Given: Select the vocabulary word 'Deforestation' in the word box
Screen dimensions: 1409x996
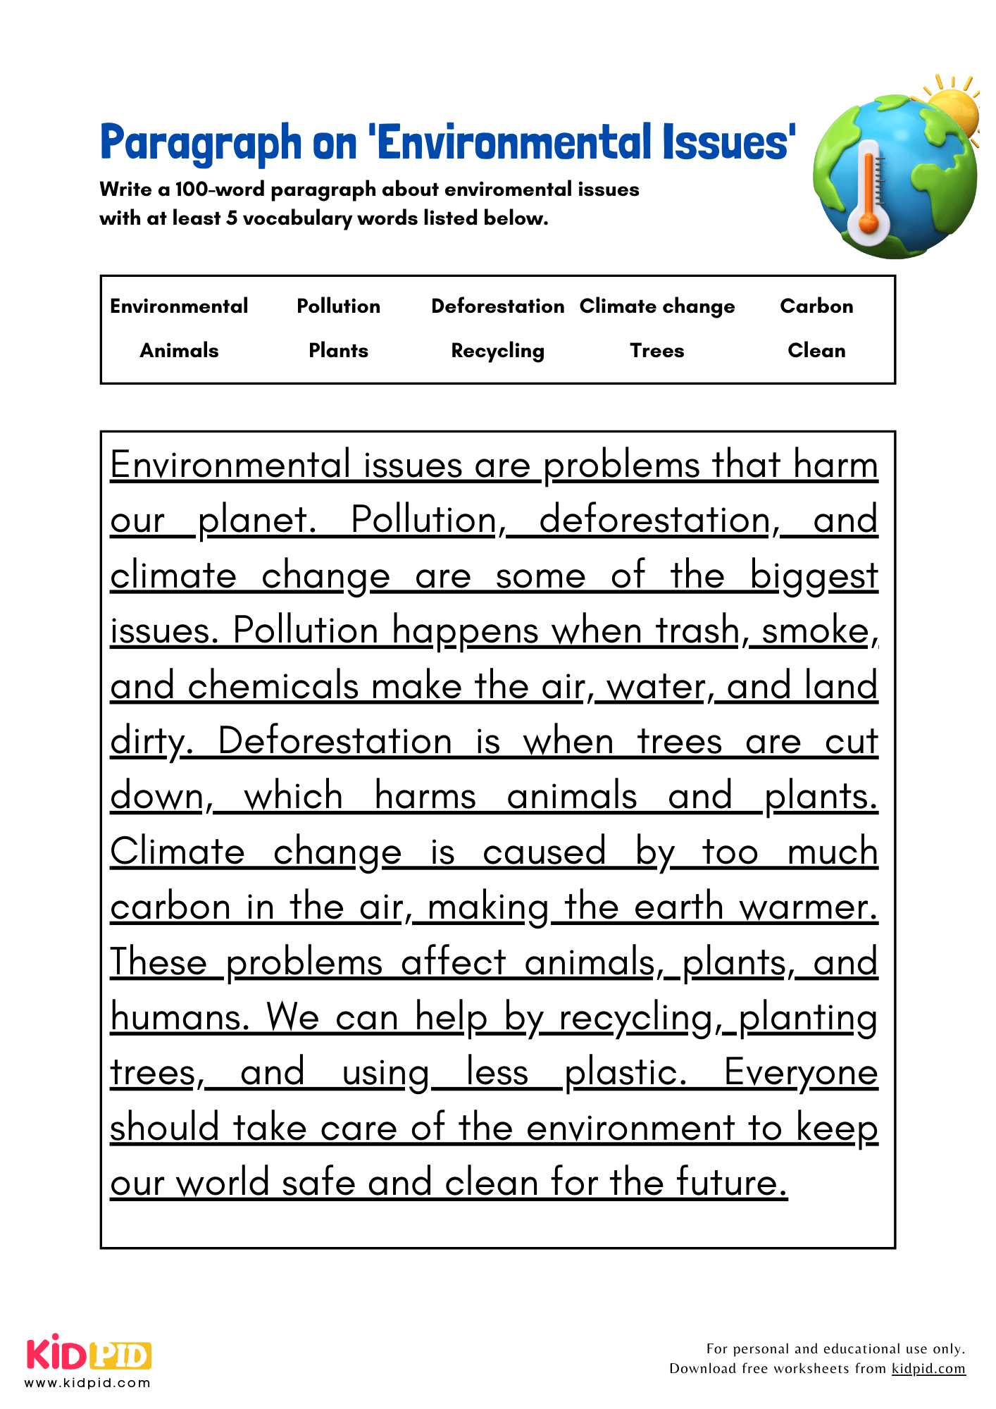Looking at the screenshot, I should pyautogui.click(x=497, y=306).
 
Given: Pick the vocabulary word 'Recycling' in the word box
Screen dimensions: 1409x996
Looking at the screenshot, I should pyautogui.click(x=497, y=351).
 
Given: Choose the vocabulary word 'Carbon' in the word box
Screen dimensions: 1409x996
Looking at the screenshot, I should pyautogui.click(x=816, y=306).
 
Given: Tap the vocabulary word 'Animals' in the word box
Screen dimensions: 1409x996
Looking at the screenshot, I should pyautogui.click(x=179, y=351).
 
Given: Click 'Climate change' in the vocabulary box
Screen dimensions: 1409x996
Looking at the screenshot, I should pyautogui.click(x=656, y=306).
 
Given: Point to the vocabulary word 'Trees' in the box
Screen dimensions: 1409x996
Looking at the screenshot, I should pyautogui.click(x=656, y=351).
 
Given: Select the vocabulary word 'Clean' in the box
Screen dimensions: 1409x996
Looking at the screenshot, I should pyautogui.click(x=816, y=351).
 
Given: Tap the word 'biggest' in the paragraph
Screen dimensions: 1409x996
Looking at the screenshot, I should pyautogui.click(x=814, y=576).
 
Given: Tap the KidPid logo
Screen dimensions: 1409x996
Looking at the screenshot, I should pyautogui.click(x=89, y=1355).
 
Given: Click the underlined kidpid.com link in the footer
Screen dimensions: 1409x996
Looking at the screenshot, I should pyautogui.click(x=928, y=1369).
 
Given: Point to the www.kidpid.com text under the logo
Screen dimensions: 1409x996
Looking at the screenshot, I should pyautogui.click(x=88, y=1383).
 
